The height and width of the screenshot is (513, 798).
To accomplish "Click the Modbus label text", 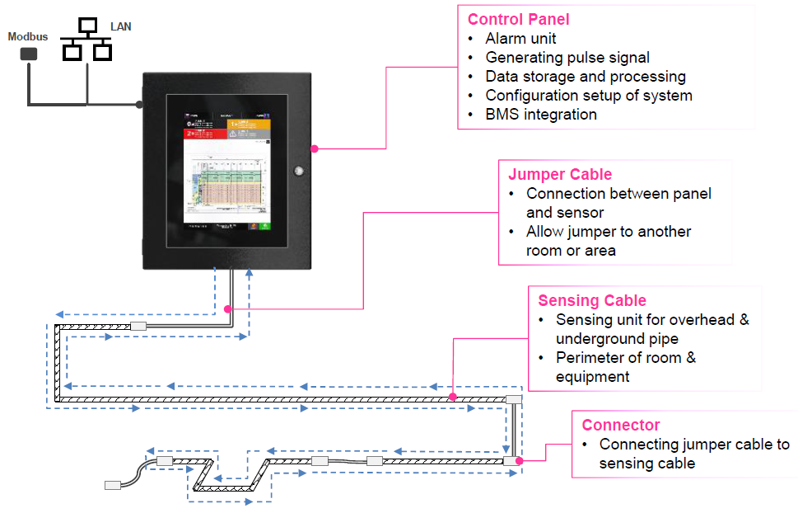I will coord(28,37).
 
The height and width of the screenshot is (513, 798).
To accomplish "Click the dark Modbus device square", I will coord(29,54).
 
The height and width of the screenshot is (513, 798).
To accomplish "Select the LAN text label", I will coord(121,27).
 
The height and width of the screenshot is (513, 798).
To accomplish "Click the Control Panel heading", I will coord(518,19).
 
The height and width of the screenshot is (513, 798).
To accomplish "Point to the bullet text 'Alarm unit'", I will coord(520,39).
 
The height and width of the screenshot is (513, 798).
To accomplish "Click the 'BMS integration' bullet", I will coord(541,114).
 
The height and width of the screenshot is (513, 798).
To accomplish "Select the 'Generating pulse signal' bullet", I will coord(567,58).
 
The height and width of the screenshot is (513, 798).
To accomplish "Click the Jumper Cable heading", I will coord(560,174).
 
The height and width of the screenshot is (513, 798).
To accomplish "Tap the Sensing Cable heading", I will coord(592,300).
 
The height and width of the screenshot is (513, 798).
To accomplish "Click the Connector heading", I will coord(621,426).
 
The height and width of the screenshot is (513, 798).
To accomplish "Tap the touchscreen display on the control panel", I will coord(227,168).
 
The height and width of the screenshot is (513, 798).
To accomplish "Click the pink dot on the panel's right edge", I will coord(315,149).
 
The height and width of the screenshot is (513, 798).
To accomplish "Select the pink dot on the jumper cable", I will coord(226,309).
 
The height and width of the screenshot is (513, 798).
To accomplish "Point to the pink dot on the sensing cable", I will coord(453,398).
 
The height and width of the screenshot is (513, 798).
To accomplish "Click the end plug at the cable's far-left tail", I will coord(113,485).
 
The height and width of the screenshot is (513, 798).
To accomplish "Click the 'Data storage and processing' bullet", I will coord(586,77).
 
